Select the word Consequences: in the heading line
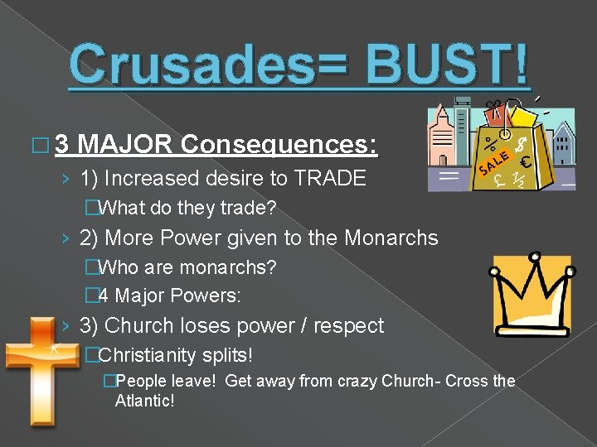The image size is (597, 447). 279,146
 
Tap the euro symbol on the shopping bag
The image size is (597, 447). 525,162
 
